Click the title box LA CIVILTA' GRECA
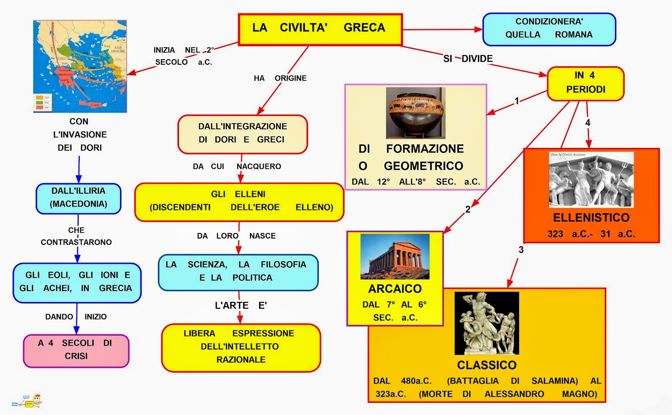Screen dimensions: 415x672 (320, 29)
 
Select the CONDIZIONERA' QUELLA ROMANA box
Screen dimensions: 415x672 (549, 29)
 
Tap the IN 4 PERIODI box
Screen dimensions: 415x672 (585, 83)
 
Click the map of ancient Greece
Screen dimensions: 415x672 (80, 66)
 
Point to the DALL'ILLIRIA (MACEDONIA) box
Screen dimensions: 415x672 (79, 198)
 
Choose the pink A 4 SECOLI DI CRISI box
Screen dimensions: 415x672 (76, 350)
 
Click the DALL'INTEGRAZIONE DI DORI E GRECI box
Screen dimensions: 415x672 (242, 134)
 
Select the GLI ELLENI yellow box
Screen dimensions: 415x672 (239, 201)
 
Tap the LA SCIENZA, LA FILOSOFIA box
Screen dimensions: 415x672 (238, 272)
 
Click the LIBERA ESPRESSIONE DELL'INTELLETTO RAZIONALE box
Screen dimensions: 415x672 (241, 347)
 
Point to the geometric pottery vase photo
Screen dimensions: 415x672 (415, 113)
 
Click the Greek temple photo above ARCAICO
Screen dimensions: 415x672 (395, 256)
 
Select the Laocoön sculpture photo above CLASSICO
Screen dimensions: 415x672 (487, 323)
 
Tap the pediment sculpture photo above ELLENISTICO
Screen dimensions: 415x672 (591, 180)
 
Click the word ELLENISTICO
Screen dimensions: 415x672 (591, 218)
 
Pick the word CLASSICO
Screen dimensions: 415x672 (487, 365)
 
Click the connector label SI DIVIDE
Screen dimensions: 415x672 (468, 59)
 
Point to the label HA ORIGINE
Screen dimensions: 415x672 (280, 78)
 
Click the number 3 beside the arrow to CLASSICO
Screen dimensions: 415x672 (521, 250)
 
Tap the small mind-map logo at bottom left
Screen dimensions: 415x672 (27, 402)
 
